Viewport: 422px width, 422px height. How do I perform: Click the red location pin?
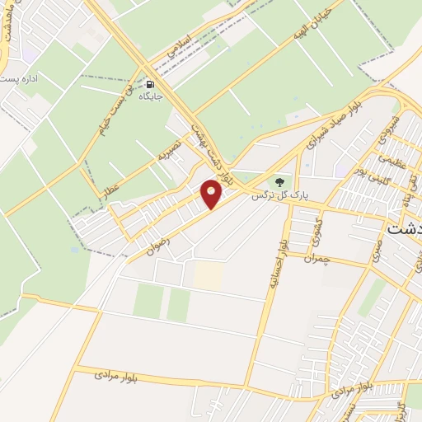click(x=212, y=193)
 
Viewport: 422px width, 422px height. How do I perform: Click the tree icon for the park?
click(x=278, y=181)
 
